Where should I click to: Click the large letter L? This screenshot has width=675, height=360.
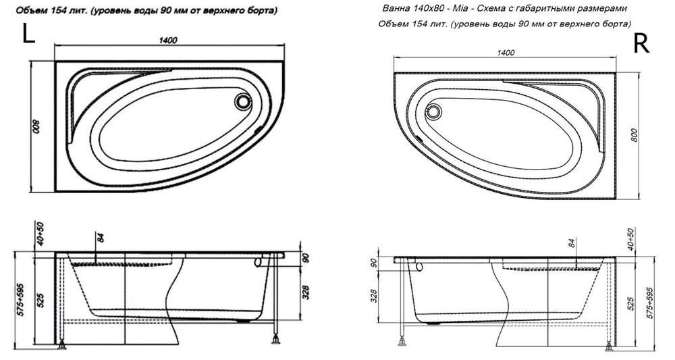(x=28, y=34)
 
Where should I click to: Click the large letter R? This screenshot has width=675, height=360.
(x=641, y=43)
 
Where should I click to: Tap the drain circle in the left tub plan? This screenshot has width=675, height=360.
(x=243, y=102)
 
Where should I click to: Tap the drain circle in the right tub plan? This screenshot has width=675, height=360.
(x=433, y=112)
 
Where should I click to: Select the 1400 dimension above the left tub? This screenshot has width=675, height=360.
(x=167, y=41)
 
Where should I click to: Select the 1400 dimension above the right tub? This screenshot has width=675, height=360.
(x=506, y=53)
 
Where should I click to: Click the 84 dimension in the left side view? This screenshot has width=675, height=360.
(x=101, y=237)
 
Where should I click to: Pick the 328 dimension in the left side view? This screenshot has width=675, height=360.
(x=306, y=293)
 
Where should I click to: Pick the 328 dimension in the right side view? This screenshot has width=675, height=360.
(x=374, y=295)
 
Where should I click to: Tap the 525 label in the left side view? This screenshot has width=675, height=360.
(x=41, y=301)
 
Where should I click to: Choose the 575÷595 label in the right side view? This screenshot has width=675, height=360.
(x=650, y=303)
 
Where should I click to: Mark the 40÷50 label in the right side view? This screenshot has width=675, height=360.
(x=630, y=239)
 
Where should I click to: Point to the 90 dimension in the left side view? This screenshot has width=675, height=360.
(x=306, y=259)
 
